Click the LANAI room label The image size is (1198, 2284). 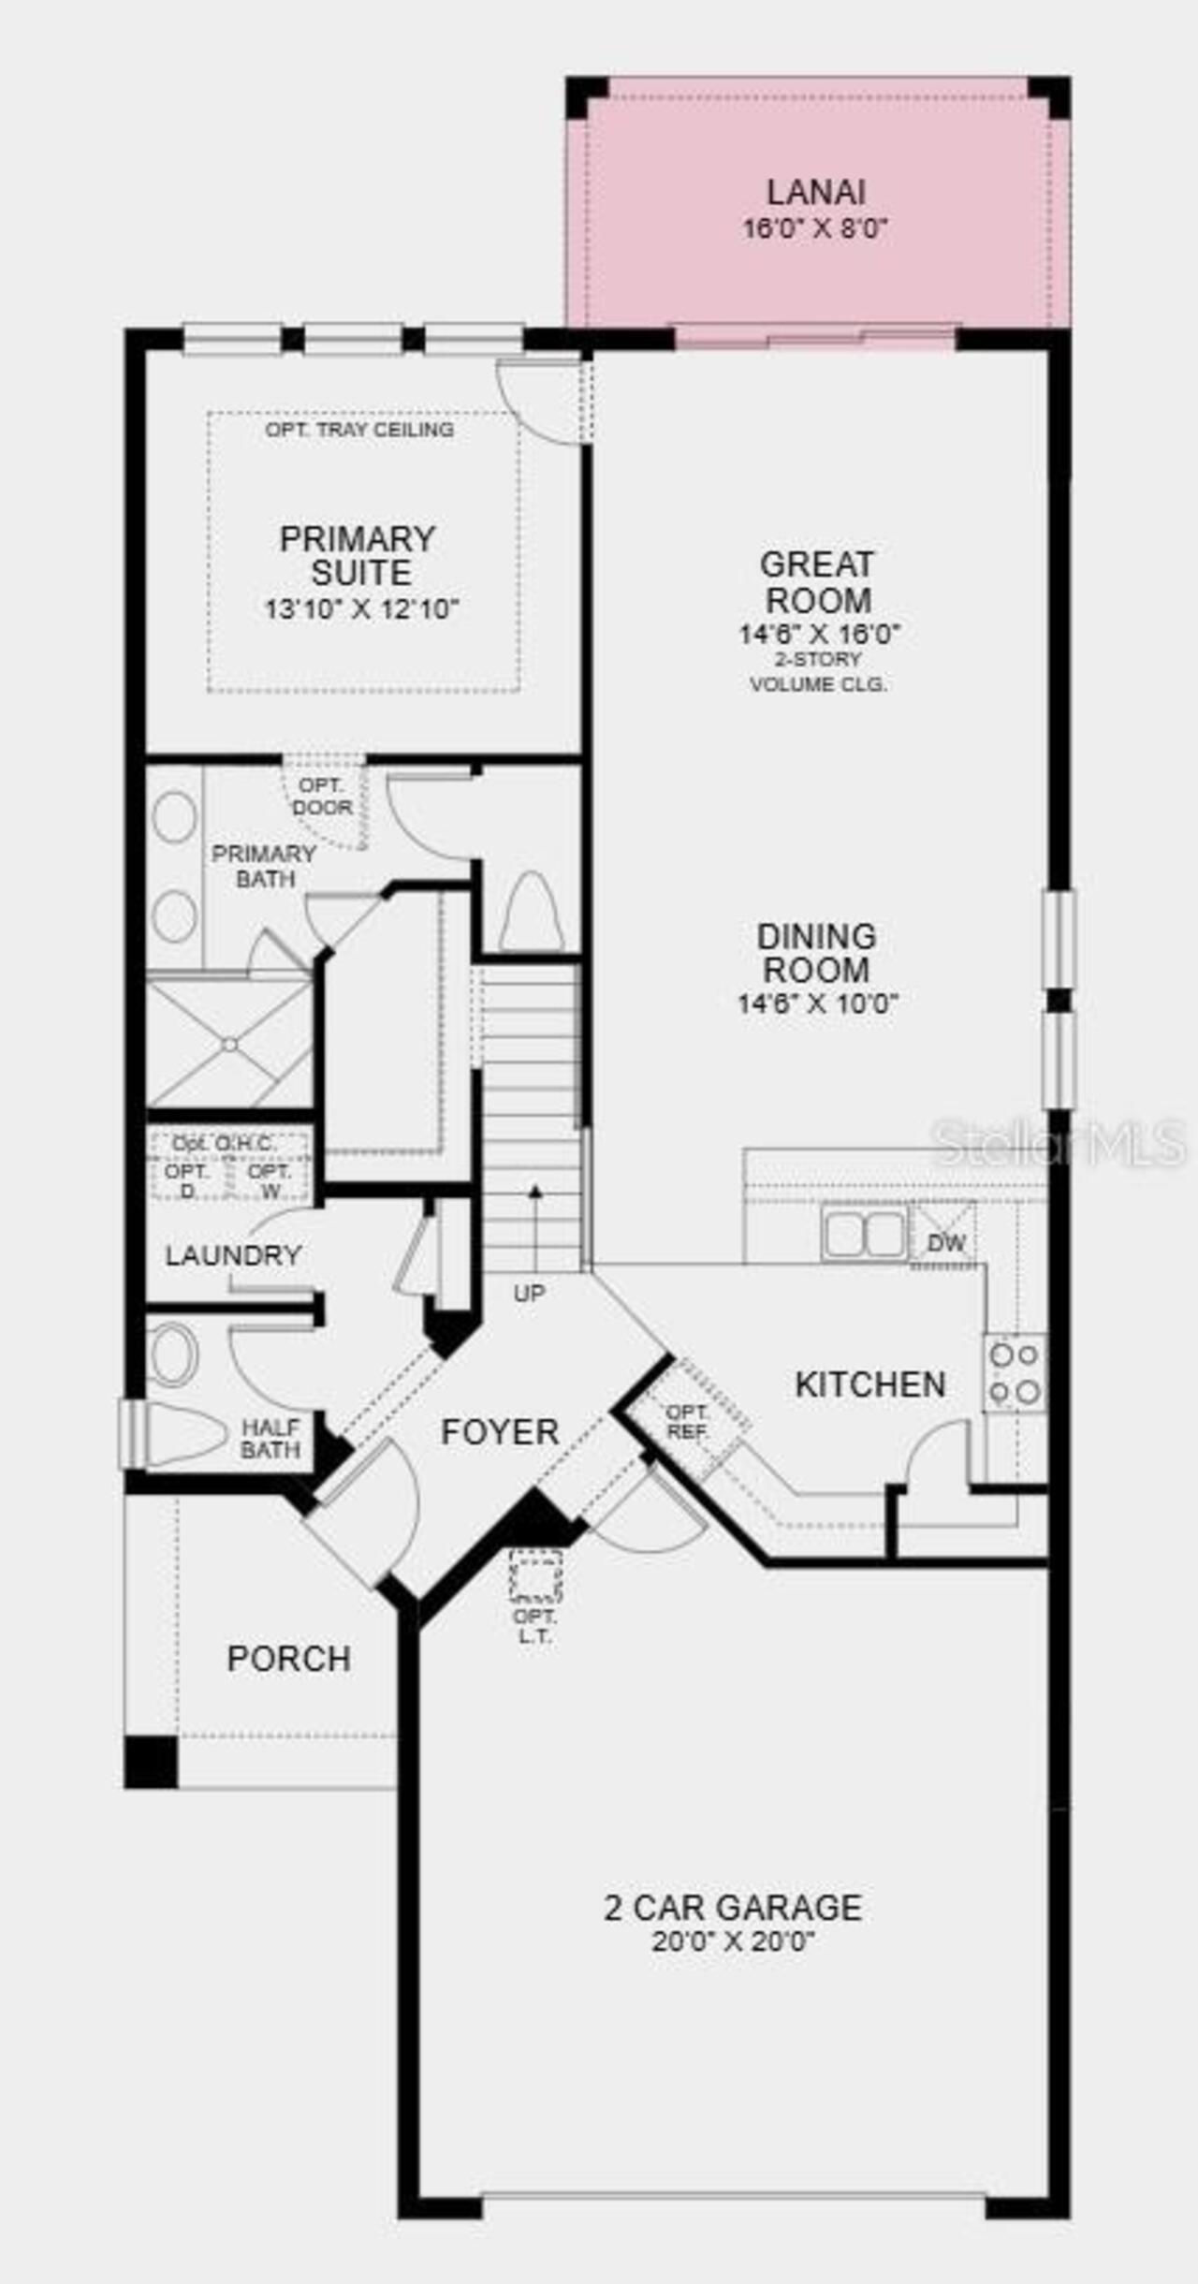(x=815, y=192)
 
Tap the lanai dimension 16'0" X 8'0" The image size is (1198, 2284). (x=815, y=227)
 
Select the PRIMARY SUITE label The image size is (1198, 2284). (x=359, y=555)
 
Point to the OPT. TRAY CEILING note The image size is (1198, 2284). (x=359, y=430)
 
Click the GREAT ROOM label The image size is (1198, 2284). (x=818, y=581)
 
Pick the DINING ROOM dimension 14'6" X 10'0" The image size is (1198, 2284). (x=818, y=1003)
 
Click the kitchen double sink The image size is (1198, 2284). (x=864, y=1234)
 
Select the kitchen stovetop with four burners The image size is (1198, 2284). (x=1015, y=1372)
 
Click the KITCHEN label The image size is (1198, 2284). (x=870, y=1384)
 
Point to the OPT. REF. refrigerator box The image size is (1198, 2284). (x=688, y=1421)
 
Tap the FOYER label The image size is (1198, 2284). (x=500, y=1431)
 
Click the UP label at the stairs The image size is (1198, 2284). (x=529, y=1293)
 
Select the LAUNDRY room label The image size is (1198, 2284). (x=233, y=1255)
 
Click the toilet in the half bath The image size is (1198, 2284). (x=183, y=1433)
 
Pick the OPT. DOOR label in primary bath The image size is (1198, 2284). (x=322, y=796)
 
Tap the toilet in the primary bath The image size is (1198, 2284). (x=532, y=913)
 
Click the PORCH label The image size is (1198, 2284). (x=288, y=1658)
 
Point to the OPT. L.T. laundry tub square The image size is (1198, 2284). (x=535, y=1575)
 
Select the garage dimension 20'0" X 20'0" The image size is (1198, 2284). (x=733, y=1941)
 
